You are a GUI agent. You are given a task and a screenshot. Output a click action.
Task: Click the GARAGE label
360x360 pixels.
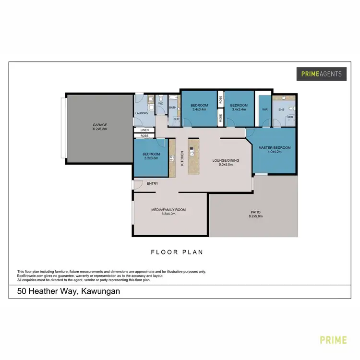tap(100, 125)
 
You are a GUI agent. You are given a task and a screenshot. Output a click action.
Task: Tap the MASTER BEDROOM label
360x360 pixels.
tap(274, 147)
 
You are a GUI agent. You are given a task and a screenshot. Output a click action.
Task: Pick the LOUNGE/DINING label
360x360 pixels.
tap(226, 161)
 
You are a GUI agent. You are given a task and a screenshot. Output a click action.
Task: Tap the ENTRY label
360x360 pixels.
tap(153, 183)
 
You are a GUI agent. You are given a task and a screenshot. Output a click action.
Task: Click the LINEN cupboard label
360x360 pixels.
tap(144, 130)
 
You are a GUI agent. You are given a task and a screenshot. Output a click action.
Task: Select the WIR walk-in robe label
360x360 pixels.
tap(264, 109)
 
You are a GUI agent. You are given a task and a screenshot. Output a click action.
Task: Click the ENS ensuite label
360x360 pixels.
tap(281, 109)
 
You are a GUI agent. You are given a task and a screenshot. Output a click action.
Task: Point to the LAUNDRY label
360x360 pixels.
tap(142, 113)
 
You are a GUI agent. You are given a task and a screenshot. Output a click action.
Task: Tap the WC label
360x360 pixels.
tap(161, 103)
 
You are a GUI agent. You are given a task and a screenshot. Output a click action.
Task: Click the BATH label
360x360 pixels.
tap(173, 108)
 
